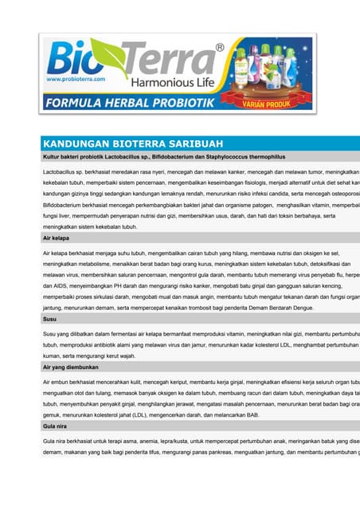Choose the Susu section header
pos(50,319)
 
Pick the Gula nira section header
pos(56,426)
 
